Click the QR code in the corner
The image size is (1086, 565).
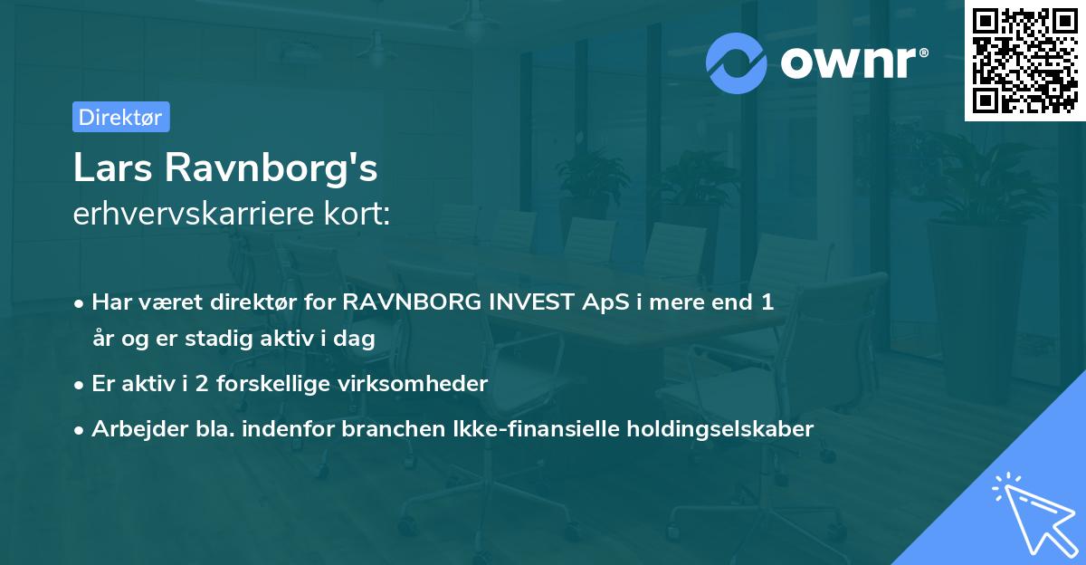pyautogui.click(x=1024, y=61)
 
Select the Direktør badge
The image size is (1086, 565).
pyautogui.click(x=120, y=117)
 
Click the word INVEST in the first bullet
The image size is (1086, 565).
pyautogui.click(x=524, y=302)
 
